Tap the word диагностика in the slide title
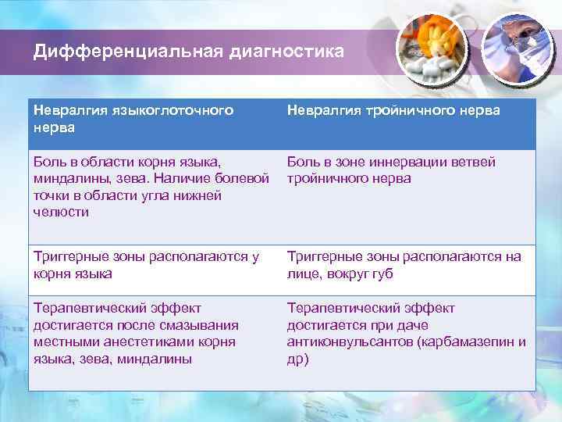coord(285,52)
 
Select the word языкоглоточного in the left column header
coord(167,111)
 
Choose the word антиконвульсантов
coord(351,342)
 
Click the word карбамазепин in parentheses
coord(468,342)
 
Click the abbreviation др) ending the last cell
coord(297,359)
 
